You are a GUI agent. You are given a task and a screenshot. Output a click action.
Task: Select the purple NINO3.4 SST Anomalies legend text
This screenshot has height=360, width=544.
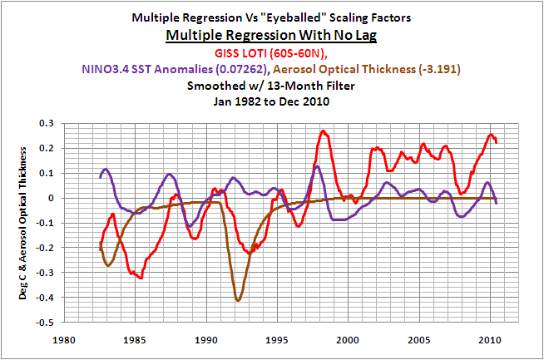pyautogui.click(x=181, y=70)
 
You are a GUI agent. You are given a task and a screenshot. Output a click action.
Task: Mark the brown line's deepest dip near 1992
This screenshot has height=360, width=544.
pyautogui.click(x=238, y=300)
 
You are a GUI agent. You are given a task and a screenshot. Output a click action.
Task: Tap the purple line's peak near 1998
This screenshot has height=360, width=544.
pyautogui.click(x=317, y=165)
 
